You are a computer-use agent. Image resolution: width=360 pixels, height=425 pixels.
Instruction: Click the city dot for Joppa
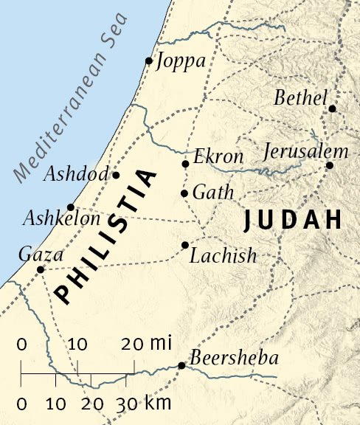(x=149, y=61)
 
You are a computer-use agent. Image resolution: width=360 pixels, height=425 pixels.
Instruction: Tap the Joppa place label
(x=181, y=61)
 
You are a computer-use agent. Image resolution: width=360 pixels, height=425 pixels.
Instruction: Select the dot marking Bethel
(x=332, y=108)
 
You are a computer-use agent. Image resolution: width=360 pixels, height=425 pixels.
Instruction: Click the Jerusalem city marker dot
(x=330, y=165)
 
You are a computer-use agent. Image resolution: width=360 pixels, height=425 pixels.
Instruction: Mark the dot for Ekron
(x=185, y=164)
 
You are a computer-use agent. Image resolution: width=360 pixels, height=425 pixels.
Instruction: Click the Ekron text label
(x=218, y=157)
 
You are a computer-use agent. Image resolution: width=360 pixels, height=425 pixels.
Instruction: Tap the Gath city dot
(x=184, y=194)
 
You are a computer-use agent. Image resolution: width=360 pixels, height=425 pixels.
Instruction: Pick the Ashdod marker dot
(x=116, y=175)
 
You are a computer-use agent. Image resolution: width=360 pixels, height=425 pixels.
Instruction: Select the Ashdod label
(x=76, y=175)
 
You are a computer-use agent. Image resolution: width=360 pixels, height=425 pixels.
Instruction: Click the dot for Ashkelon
(x=70, y=207)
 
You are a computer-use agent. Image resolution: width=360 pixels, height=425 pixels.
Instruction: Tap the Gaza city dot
(x=41, y=269)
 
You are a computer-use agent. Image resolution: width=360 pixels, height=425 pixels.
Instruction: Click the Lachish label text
(x=224, y=256)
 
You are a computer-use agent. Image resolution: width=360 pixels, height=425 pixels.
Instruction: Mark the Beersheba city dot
(x=181, y=365)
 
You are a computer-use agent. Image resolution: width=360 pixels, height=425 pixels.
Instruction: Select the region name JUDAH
(x=293, y=220)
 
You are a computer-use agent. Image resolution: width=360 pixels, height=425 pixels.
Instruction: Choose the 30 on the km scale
(x=127, y=404)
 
